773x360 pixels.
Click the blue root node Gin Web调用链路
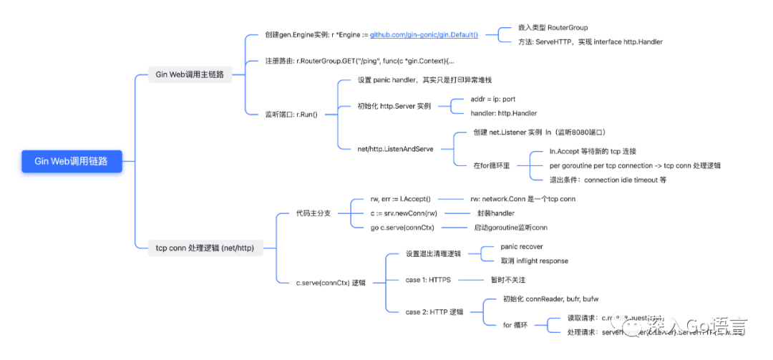click(x=70, y=161)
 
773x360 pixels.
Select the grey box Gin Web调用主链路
click(x=190, y=74)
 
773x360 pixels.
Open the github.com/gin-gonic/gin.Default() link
click(x=424, y=34)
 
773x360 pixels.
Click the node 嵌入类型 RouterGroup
click(x=553, y=27)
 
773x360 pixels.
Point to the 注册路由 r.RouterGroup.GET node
click(x=360, y=61)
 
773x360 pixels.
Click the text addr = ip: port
click(x=492, y=99)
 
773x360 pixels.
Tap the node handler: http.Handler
click(x=503, y=113)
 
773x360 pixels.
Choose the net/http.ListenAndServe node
click(x=395, y=149)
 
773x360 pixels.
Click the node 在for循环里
click(x=491, y=165)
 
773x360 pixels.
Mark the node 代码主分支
click(x=313, y=213)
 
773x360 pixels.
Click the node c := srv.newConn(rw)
click(x=403, y=213)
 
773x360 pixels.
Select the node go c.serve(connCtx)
click(x=402, y=227)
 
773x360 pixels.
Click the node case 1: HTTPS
click(x=427, y=280)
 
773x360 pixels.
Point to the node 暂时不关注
click(x=507, y=280)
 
